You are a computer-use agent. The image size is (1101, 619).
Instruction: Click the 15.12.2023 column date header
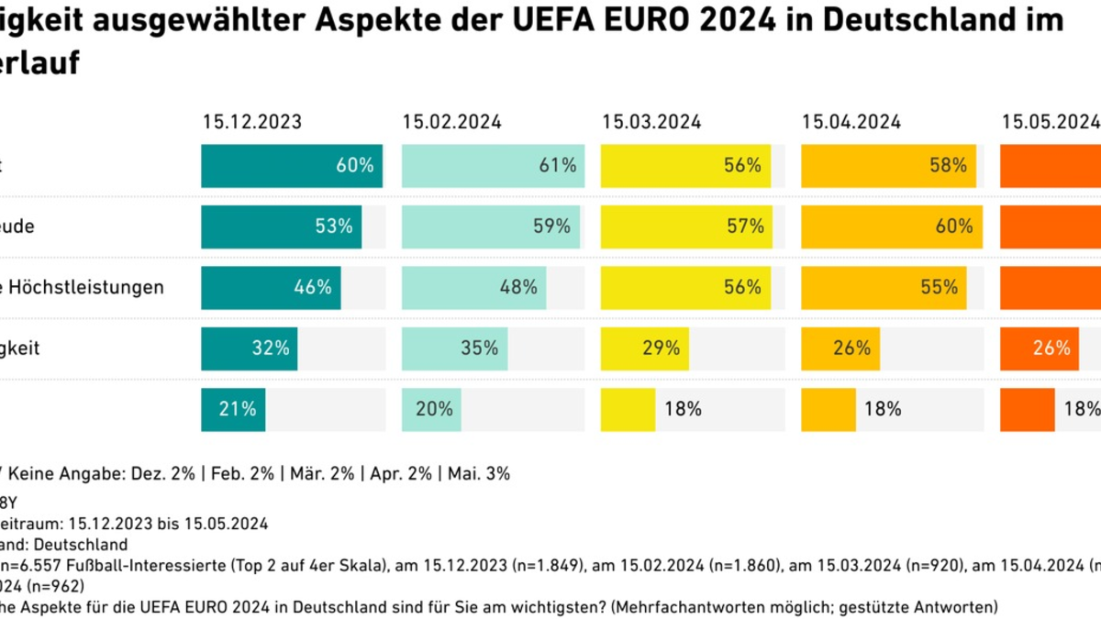(251, 121)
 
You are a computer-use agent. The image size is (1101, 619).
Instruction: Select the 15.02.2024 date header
(451, 121)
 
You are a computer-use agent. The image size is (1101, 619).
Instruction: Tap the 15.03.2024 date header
(651, 121)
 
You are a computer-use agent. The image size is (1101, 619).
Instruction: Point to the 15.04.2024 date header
(851, 121)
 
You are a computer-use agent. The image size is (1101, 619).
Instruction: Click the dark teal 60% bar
(292, 166)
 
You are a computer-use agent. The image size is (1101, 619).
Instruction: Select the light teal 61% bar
(493, 166)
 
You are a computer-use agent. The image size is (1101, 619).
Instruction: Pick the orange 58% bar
(889, 166)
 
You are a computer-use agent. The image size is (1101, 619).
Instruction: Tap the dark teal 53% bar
(281, 227)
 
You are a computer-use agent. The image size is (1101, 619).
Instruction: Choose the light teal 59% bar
(491, 227)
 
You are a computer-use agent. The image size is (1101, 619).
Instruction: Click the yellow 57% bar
(687, 227)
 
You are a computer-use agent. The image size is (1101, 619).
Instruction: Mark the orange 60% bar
(892, 227)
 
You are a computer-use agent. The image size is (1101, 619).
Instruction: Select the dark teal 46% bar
(271, 287)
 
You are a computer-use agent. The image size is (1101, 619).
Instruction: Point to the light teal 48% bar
(473, 287)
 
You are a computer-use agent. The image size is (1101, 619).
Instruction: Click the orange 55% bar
(884, 287)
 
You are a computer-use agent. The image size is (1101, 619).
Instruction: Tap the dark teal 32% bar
(249, 348)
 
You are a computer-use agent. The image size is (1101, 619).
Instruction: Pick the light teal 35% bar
(454, 348)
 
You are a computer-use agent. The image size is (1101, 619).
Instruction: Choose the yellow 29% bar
(645, 348)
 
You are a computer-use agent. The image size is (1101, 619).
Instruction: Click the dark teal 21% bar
(233, 409)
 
